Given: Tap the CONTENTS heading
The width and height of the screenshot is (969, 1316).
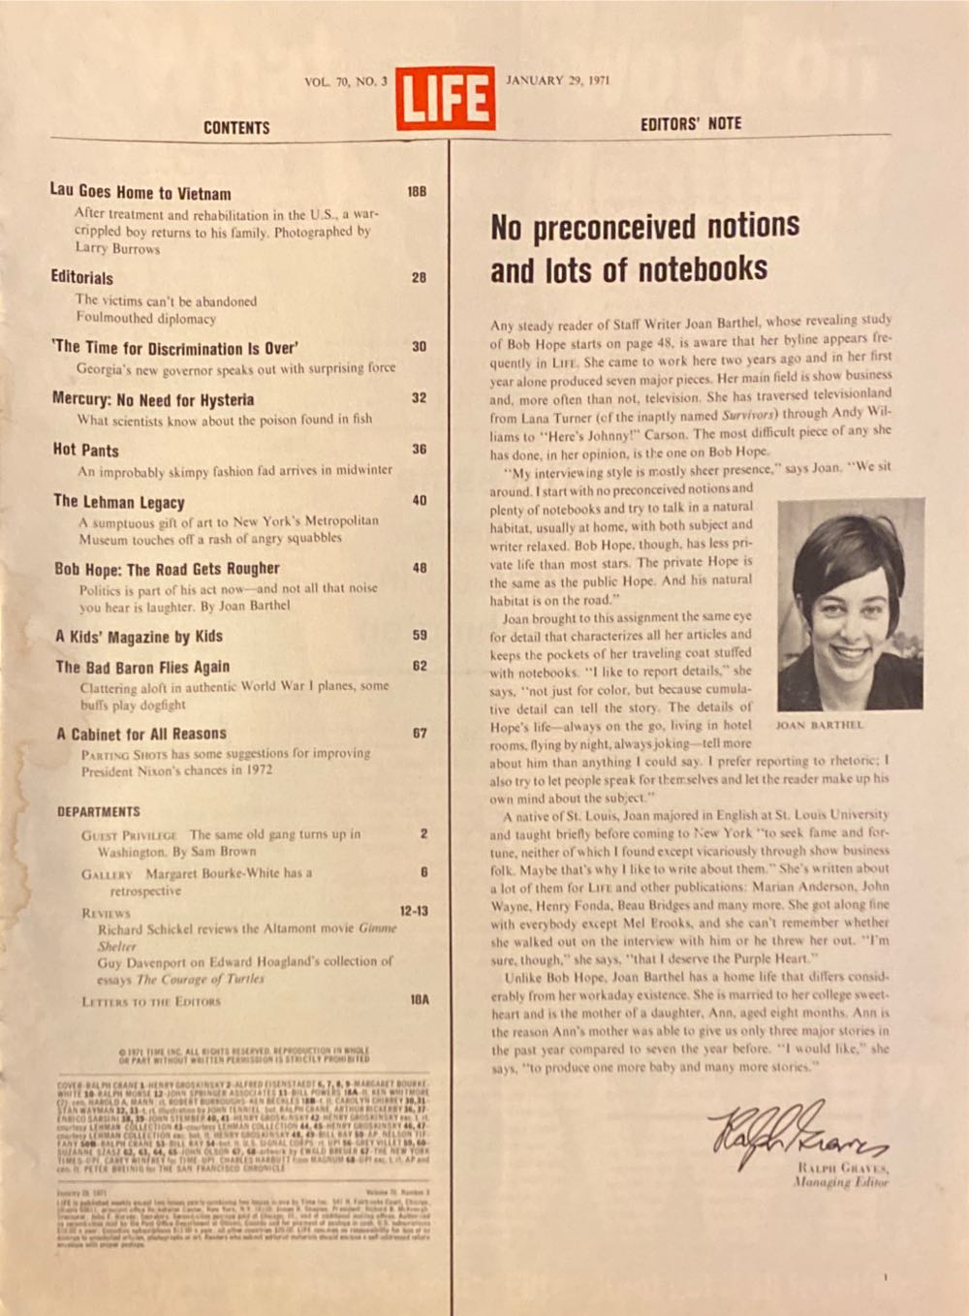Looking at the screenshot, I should (236, 128).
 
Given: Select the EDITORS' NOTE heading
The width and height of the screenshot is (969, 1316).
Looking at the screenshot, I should (690, 124).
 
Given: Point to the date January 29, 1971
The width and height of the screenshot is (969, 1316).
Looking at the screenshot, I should (557, 80).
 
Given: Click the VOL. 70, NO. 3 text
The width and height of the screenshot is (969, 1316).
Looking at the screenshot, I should (345, 81).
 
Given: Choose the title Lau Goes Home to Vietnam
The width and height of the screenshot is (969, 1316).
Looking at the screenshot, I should (141, 192).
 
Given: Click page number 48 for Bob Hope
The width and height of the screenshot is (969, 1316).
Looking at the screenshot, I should (419, 568).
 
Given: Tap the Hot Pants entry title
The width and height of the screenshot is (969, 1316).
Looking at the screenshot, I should (86, 450).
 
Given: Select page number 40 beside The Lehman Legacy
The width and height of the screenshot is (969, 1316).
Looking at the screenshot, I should (419, 501).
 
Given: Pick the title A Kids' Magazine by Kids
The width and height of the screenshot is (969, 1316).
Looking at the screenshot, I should (139, 637).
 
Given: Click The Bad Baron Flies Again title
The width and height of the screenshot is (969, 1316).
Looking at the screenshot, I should (142, 667).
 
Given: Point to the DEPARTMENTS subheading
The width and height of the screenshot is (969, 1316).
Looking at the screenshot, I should (98, 811).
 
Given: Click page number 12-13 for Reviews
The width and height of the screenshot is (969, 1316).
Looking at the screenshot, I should (413, 911).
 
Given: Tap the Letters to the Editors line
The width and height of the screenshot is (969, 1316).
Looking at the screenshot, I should (151, 1001).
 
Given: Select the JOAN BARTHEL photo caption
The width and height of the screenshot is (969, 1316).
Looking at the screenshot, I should (819, 724).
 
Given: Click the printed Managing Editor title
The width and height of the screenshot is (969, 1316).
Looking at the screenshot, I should (839, 1182).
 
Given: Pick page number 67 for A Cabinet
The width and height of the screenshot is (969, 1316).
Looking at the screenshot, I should (419, 734).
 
